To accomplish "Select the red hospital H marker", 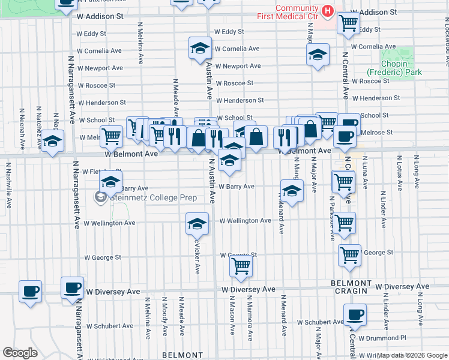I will [327, 11].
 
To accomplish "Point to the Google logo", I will [20, 353].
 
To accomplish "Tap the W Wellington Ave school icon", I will [196, 224].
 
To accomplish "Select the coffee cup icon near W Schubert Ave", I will [354, 314].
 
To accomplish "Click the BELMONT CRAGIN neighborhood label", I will [351, 287].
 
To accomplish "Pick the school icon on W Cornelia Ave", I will [200, 49].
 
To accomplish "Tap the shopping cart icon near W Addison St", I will [348, 23].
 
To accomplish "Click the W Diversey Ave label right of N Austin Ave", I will [248, 289].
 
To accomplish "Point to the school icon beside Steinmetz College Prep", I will [111, 182].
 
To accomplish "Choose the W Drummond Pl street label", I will [382, 338].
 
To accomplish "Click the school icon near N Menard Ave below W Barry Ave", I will [291, 191].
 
